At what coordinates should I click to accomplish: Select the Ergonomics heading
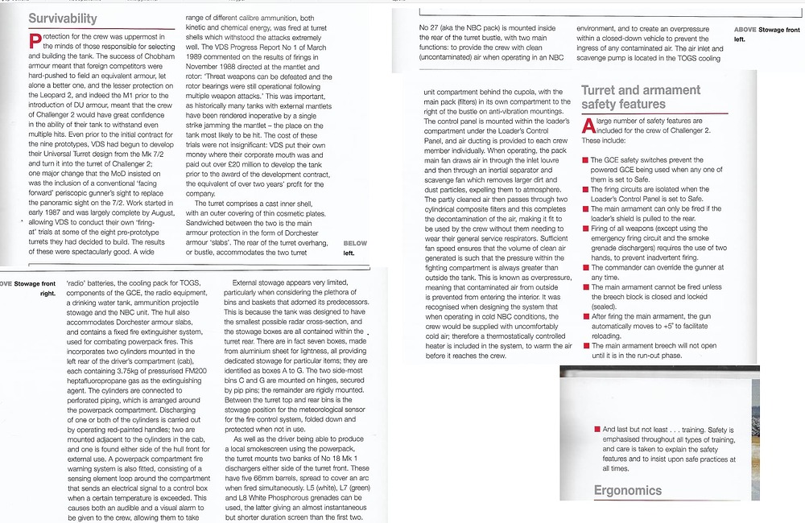tap(628, 490)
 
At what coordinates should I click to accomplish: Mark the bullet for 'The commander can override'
tap(584, 266)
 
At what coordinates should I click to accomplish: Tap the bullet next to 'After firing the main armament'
tap(584, 317)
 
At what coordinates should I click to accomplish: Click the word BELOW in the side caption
tap(355, 243)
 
